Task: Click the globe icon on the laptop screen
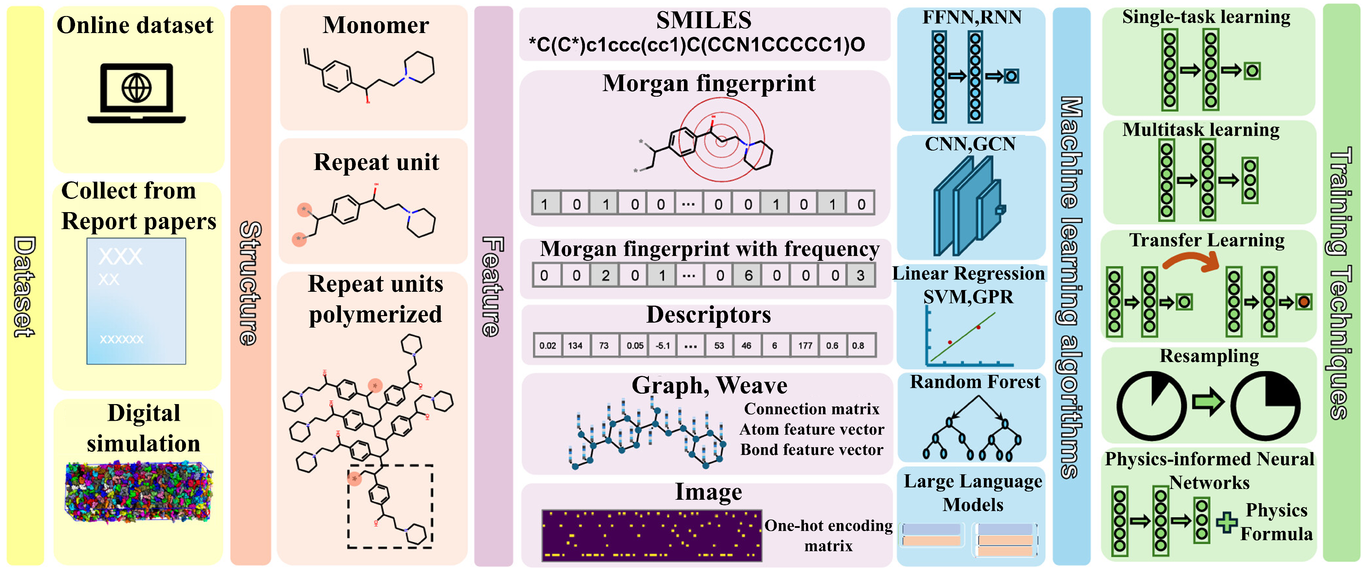(137, 88)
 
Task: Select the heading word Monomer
(376, 25)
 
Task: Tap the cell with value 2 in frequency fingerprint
(605, 275)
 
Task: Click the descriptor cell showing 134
(575, 346)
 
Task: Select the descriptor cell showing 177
(805, 346)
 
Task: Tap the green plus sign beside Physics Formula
(1227, 522)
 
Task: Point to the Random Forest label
(975, 382)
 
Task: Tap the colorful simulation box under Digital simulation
(139, 492)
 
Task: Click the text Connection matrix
(812, 409)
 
